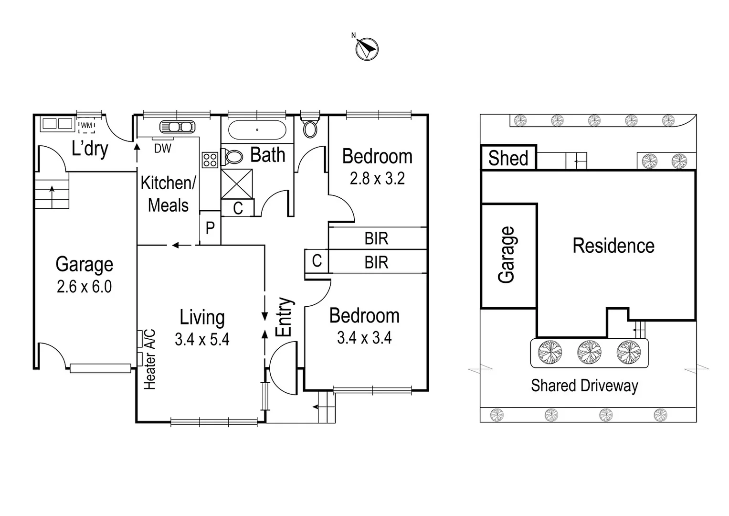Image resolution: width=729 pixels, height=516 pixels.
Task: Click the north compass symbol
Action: tap(367, 49)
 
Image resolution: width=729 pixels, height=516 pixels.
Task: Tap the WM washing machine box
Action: tap(86, 125)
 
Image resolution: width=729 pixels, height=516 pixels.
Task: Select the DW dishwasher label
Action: tap(162, 149)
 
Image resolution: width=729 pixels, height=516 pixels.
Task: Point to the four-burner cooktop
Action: tap(210, 160)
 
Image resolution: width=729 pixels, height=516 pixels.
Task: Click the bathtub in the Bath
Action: tap(257, 129)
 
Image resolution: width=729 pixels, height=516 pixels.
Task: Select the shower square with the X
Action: tap(237, 183)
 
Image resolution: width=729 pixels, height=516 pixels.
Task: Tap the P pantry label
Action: tap(210, 228)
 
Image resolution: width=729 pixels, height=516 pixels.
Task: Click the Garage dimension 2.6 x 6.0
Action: tap(84, 287)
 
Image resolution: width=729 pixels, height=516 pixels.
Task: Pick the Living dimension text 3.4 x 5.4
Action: tap(202, 339)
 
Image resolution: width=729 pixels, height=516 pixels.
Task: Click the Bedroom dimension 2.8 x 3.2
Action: tap(377, 179)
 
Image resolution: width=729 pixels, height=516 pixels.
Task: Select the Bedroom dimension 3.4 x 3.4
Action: tap(364, 338)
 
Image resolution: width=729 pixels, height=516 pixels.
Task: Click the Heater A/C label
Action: tap(149, 359)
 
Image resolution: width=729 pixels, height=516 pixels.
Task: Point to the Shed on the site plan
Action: tap(508, 158)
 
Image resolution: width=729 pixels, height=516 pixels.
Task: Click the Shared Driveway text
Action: tap(584, 386)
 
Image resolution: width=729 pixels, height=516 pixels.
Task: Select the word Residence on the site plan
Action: tap(613, 246)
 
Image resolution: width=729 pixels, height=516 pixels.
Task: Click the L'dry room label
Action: tap(90, 149)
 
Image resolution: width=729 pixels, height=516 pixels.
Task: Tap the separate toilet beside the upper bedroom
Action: tap(310, 127)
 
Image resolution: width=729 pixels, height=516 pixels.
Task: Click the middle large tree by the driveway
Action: tap(589, 353)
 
